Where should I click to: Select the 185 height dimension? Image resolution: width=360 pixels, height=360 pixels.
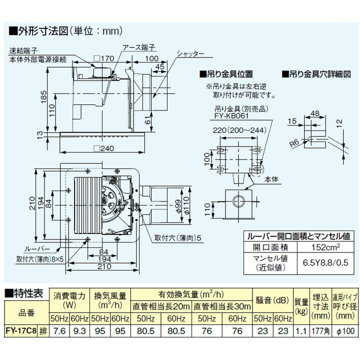pos(44,94)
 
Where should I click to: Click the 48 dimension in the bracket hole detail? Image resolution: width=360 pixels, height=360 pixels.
pos(315,113)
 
